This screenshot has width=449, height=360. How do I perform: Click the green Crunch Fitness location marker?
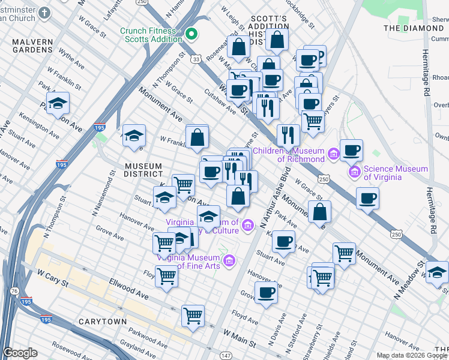tap(191, 34)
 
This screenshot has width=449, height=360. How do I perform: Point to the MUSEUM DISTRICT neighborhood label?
tap(143, 166)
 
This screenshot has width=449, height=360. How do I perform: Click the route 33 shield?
tap(196, 58)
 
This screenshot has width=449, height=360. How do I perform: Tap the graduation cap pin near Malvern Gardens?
tap(58, 103)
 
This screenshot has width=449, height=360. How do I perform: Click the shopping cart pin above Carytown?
tap(193, 314)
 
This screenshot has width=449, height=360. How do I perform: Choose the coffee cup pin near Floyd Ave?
tap(266, 292)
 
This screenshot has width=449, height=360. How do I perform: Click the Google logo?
tap(20, 353)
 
